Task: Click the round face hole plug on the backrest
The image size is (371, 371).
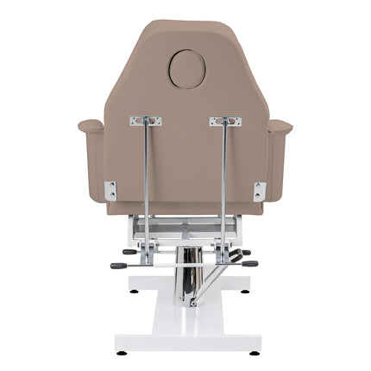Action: [186, 69]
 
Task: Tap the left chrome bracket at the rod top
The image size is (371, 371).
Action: [146, 122]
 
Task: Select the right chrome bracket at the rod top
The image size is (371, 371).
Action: [225, 122]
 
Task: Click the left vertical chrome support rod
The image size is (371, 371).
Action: [147, 181]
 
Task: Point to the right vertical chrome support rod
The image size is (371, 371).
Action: [224, 181]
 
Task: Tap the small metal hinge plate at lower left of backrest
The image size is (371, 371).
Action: [110, 191]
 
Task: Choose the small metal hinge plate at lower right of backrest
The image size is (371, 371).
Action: [260, 191]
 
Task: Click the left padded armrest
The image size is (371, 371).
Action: [91, 127]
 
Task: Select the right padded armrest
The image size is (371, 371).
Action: [280, 127]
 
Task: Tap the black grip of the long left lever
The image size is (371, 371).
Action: [118, 266]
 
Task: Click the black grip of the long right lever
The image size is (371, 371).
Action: [249, 264]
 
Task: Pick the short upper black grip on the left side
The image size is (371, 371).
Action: [129, 252]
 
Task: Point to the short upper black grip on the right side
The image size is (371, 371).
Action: [245, 253]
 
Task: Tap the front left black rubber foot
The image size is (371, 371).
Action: [121, 352]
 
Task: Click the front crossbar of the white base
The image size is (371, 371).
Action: [186, 341]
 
